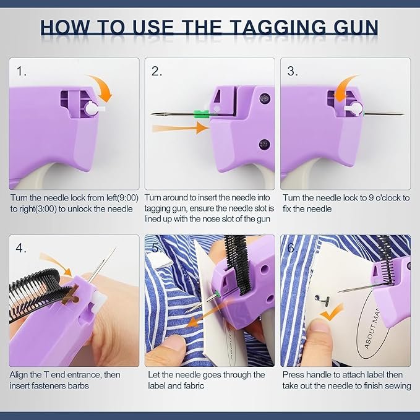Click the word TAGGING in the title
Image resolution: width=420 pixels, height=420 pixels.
coord(278,28)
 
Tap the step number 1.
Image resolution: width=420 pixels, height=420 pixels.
coord(22,71)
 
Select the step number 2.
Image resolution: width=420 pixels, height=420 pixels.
coord(156,71)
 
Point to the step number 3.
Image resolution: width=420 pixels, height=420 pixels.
coord(293,71)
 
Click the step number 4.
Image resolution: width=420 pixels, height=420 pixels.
coord(21,248)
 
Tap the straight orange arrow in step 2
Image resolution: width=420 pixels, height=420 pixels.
coord(180,128)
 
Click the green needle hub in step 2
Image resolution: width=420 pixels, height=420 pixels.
coord(201,114)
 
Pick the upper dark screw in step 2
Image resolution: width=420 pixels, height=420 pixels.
coord(265,98)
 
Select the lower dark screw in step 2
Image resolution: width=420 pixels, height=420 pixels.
coord(264,145)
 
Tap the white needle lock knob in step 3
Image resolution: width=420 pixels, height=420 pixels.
coord(354,109)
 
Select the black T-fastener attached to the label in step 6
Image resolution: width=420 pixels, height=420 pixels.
coord(323,299)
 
